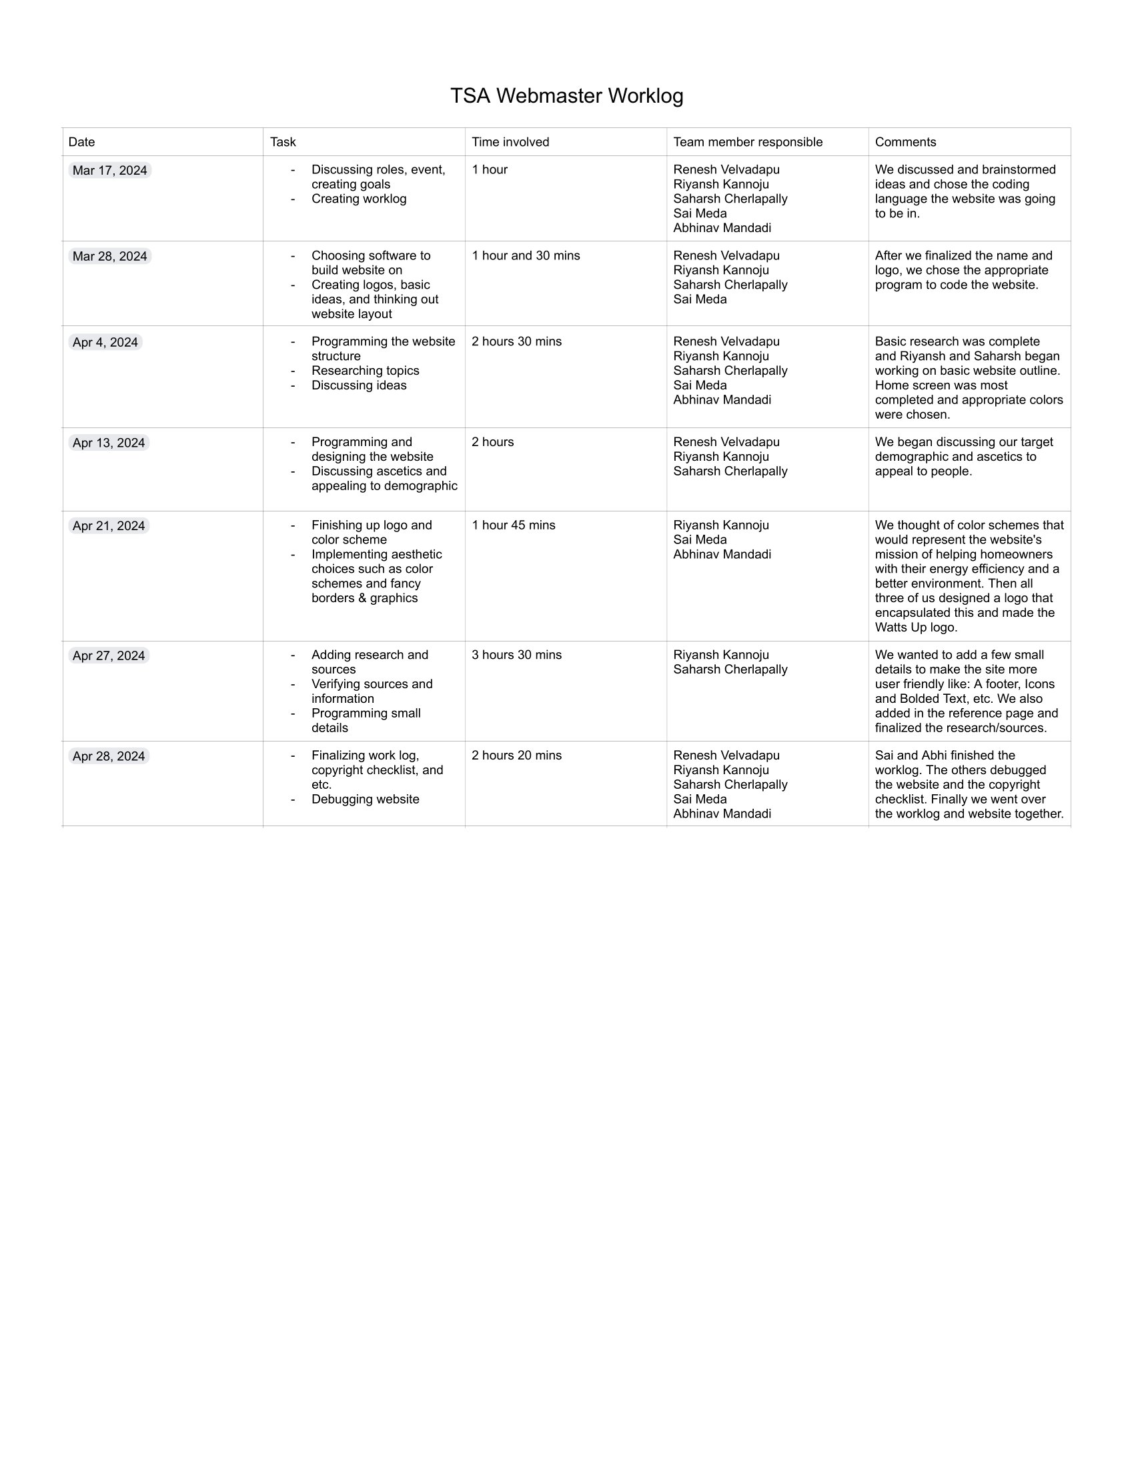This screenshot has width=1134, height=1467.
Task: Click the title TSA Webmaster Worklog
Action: [x=566, y=96]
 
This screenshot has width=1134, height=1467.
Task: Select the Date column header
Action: [x=82, y=142]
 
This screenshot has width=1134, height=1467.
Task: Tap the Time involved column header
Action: [x=510, y=142]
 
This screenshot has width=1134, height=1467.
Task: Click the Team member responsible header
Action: [x=748, y=142]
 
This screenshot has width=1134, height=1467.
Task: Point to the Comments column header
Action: [x=905, y=142]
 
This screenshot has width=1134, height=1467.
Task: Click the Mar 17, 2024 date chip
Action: [x=109, y=171]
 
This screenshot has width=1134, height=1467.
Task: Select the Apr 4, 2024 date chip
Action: [x=105, y=343]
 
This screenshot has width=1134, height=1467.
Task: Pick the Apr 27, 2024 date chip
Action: [x=109, y=655]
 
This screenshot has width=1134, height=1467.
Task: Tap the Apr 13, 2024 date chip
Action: [x=109, y=443]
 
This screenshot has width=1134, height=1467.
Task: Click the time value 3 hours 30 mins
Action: [x=516, y=655]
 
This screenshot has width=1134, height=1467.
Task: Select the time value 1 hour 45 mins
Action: [x=513, y=525]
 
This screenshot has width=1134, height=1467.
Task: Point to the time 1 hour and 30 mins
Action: [x=526, y=256]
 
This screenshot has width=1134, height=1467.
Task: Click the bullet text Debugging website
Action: [x=365, y=800]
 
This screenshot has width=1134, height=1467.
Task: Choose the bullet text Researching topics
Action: [x=365, y=371]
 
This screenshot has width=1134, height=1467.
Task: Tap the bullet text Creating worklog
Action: [x=359, y=199]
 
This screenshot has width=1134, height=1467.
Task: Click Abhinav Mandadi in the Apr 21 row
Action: [x=722, y=555]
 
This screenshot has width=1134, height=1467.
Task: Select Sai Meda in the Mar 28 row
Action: [x=700, y=299]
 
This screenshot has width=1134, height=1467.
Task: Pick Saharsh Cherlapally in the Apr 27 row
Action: [x=730, y=669]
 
